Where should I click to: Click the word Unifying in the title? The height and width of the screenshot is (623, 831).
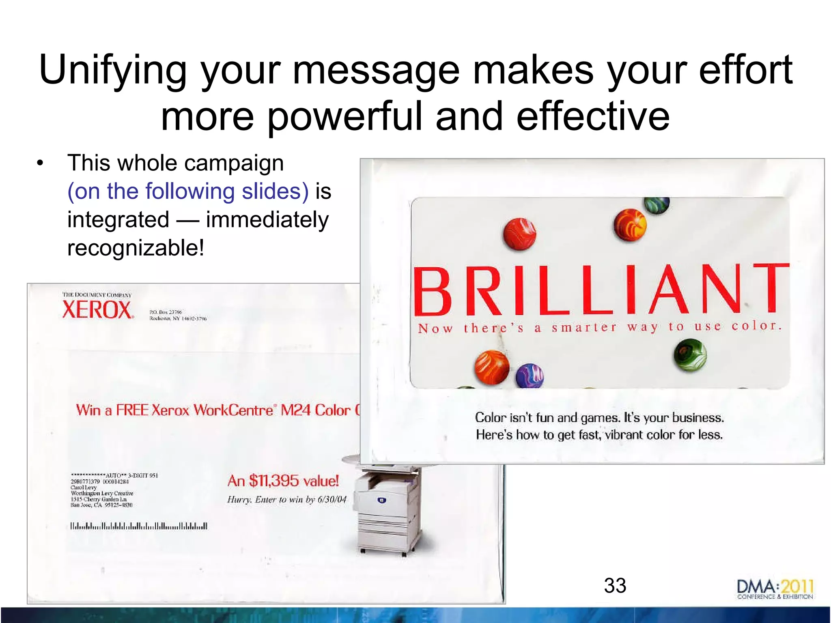pos(112,71)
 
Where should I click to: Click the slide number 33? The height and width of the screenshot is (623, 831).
pos(615,586)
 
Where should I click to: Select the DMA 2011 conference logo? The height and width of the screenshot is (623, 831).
pos(775,589)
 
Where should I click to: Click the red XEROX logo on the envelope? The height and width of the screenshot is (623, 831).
pos(97,310)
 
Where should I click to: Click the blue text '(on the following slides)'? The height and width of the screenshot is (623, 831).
pos(188,191)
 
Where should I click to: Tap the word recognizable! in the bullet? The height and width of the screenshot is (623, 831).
pos(136,248)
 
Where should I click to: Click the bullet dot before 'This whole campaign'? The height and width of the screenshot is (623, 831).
pos(39,163)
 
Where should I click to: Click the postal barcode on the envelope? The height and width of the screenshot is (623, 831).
pos(139,526)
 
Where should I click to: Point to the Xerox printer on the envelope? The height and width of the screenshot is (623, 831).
pos(388,511)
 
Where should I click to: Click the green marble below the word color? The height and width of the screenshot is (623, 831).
pos(690,355)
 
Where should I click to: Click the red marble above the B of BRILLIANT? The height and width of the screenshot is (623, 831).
pos(520,234)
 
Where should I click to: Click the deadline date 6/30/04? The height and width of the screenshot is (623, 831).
pos(332,500)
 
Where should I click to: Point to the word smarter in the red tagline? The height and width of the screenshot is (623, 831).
pos(584,328)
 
